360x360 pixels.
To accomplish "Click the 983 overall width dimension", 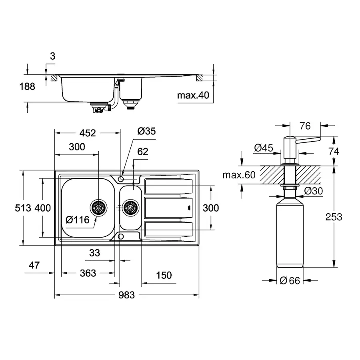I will (x=126, y=295).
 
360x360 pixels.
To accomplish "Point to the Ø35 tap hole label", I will (x=146, y=131).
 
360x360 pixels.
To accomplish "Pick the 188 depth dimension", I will (x=27, y=86).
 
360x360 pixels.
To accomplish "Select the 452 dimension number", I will (x=88, y=133).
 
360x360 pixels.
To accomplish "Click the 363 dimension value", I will (x=88, y=273).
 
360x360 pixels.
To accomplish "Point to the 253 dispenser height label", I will (x=334, y=216).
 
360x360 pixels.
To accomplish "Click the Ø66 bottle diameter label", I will (x=290, y=280).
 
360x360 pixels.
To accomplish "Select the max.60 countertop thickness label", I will (x=239, y=174).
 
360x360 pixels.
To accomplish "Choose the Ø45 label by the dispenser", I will (x=263, y=148).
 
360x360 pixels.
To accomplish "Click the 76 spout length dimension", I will (x=304, y=126).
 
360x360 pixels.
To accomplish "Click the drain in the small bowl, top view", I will (x=130, y=208).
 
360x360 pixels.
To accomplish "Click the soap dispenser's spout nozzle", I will (x=316, y=139).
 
